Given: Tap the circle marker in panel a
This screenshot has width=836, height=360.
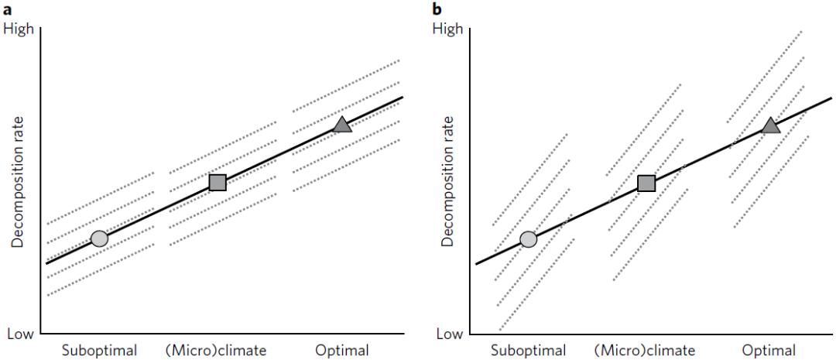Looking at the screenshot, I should click(99, 238).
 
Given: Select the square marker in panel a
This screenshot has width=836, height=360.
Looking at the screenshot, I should click(218, 182).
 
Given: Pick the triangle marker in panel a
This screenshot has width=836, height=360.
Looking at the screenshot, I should click(342, 125).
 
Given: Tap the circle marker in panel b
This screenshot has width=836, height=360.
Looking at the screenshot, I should click(528, 239).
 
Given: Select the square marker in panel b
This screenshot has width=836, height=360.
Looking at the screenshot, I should click(646, 183).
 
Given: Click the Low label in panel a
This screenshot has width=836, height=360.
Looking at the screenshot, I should click(19, 334).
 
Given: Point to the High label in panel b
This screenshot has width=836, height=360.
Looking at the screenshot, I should click(447, 29).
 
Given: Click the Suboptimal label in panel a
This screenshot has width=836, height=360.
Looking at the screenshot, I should click(99, 350).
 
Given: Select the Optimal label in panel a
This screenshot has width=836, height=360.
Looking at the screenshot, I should click(342, 350).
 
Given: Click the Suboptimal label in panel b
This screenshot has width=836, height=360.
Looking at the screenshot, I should click(528, 350).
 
